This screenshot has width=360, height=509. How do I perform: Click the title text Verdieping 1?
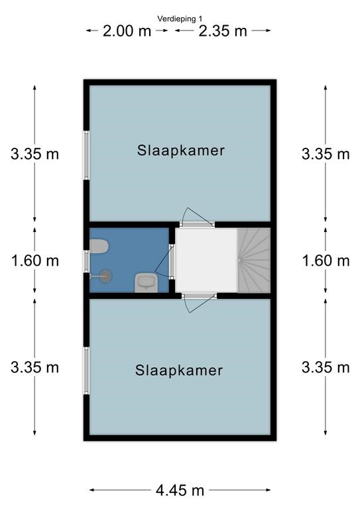[x=180, y=19]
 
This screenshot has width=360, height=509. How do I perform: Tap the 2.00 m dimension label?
[x=127, y=31]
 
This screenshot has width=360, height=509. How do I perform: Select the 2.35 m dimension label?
[x=223, y=31]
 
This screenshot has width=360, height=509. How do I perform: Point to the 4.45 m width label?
[x=180, y=490]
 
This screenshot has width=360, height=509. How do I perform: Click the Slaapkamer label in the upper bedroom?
[x=181, y=150]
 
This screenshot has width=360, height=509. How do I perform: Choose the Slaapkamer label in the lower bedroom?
[x=179, y=370]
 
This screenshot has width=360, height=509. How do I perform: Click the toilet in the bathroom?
[x=99, y=247]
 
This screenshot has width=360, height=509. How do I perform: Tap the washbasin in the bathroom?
[x=146, y=283]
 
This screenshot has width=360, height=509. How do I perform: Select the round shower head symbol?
[x=105, y=276]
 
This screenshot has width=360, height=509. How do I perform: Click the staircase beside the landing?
[x=254, y=260]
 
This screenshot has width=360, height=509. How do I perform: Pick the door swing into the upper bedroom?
[x=195, y=215]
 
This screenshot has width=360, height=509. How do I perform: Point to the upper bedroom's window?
[x=87, y=155]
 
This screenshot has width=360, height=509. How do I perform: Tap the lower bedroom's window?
[x=87, y=370]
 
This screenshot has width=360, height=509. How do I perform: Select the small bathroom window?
[x=87, y=261]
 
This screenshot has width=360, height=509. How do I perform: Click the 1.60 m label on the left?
[x=35, y=260]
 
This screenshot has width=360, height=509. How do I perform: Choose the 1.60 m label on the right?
[x=326, y=260]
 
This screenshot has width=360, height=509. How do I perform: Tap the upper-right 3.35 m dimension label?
[x=326, y=154]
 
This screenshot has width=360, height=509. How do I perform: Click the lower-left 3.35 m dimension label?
[x=35, y=367]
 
